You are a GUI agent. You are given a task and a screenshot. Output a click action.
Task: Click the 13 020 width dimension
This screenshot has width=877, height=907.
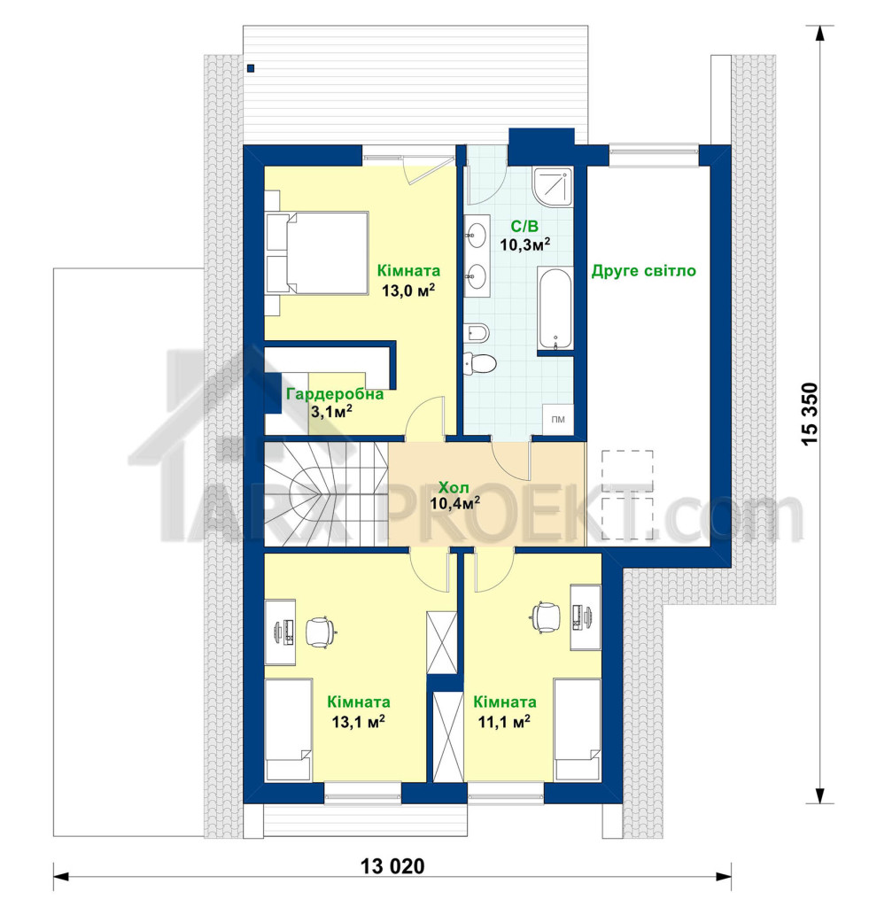click(392, 866)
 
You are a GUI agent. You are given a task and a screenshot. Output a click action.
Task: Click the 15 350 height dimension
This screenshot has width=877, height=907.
click(810, 413)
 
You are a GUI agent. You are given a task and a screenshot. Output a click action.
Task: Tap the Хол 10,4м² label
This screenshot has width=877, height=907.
click(454, 495)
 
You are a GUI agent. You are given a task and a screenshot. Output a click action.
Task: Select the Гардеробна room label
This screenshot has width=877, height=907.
click(335, 394)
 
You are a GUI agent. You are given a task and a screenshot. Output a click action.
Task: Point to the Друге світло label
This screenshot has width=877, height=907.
click(643, 271)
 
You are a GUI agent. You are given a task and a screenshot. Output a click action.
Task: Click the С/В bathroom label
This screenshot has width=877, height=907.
click(524, 226)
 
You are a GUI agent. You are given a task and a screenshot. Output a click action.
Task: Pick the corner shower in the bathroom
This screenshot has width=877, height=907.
click(553, 186)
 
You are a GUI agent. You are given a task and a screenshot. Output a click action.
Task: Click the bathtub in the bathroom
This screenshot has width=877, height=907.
click(555, 309)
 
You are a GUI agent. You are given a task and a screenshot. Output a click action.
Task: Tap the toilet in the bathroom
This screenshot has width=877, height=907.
click(479, 363)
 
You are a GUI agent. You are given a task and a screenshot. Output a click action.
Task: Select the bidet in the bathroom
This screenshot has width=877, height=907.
click(477, 333)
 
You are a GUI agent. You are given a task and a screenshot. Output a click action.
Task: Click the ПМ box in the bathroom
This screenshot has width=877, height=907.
click(558, 419)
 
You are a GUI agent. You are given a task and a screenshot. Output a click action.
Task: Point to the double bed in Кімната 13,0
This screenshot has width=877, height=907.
click(317, 254)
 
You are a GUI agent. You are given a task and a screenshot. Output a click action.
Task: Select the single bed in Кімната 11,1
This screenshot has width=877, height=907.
click(578, 730)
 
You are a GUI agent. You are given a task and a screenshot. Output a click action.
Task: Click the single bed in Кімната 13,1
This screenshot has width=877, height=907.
click(289, 730)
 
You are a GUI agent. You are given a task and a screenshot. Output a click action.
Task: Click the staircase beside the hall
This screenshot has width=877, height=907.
click(326, 494)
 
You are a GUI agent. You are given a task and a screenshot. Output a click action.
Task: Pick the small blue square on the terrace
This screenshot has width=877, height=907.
click(251, 68)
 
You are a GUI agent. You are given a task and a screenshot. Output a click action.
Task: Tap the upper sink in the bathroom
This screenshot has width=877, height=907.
click(477, 234)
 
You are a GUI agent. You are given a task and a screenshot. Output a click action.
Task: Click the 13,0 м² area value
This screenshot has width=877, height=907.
click(407, 290)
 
